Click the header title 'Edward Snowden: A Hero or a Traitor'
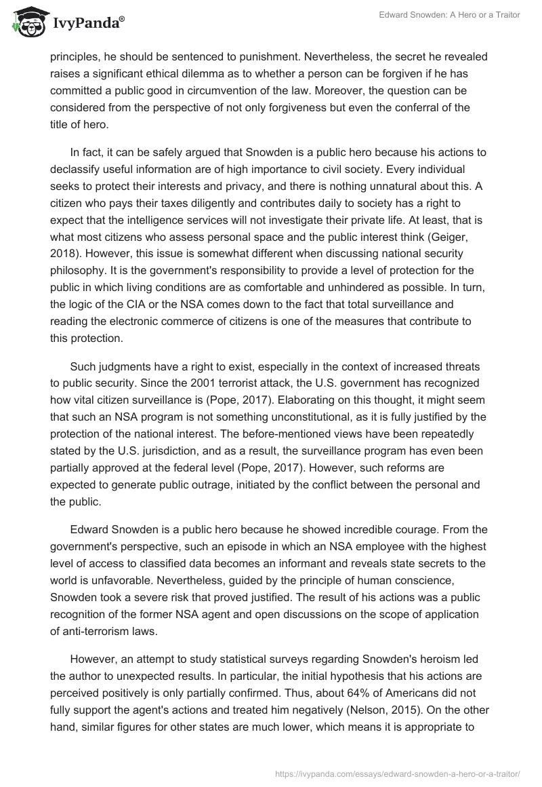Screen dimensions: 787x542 (449, 15)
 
